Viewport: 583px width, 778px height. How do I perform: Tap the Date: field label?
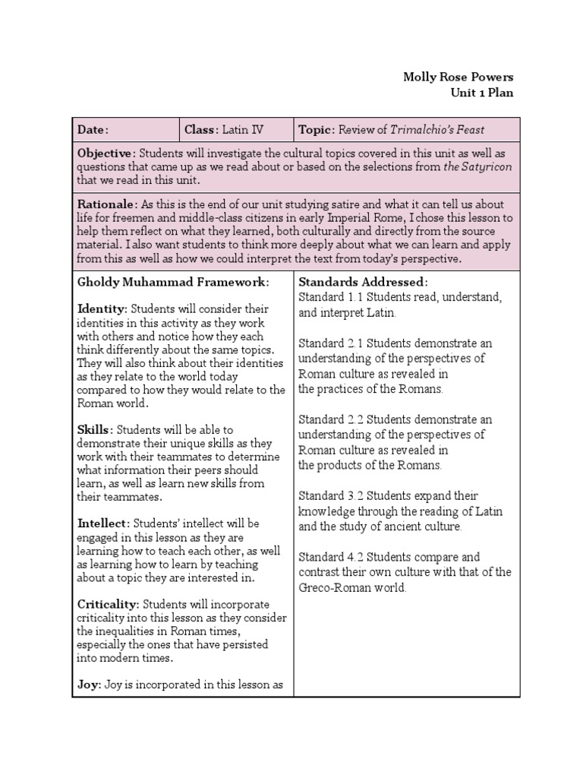pyautogui.click(x=93, y=130)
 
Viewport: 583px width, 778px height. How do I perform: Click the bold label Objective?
pyautogui.click(x=106, y=153)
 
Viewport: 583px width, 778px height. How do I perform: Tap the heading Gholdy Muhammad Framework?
pyautogui.click(x=174, y=283)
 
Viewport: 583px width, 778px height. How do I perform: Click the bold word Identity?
pyautogui.click(x=102, y=309)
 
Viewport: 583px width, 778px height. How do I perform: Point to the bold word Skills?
pyautogui.click(x=96, y=430)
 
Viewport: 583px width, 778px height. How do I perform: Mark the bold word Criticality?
pyautogui.click(x=109, y=604)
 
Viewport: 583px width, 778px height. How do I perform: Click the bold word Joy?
pyautogui.click(x=90, y=685)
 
